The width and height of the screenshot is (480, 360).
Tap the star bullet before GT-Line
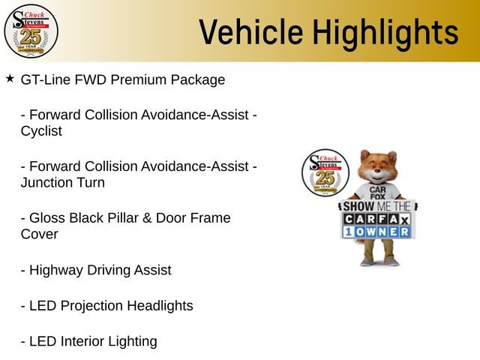coord(10,78)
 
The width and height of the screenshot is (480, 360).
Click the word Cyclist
coord(41,131)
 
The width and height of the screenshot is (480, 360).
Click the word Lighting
coord(133,342)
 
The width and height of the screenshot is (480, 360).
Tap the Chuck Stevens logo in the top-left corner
coord(31,31)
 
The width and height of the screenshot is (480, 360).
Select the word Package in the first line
coord(199,79)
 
